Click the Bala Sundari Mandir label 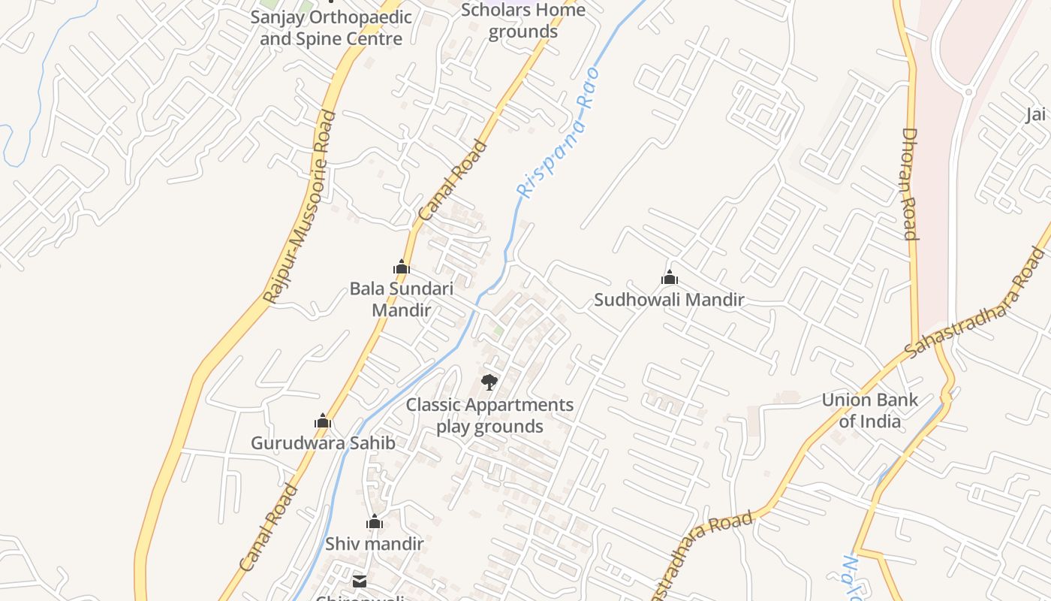pos(402,299)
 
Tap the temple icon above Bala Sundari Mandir pos(402,267)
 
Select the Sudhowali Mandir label pos(669,300)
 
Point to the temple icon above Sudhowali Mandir pos(670,278)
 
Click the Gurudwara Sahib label pos(323,442)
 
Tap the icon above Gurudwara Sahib pos(323,421)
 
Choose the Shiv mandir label pos(375,543)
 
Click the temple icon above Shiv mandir pos(375,521)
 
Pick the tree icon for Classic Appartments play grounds pos(489,382)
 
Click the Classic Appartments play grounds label pos(489,415)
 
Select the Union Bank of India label pos(870,410)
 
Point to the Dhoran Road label pos(910,184)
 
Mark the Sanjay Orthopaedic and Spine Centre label pos(331,28)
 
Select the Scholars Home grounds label pos(523,21)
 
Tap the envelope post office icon pos(360,581)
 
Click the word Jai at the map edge pos(1035,114)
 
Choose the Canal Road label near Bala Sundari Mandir pos(453,181)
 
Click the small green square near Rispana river pos(498,331)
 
